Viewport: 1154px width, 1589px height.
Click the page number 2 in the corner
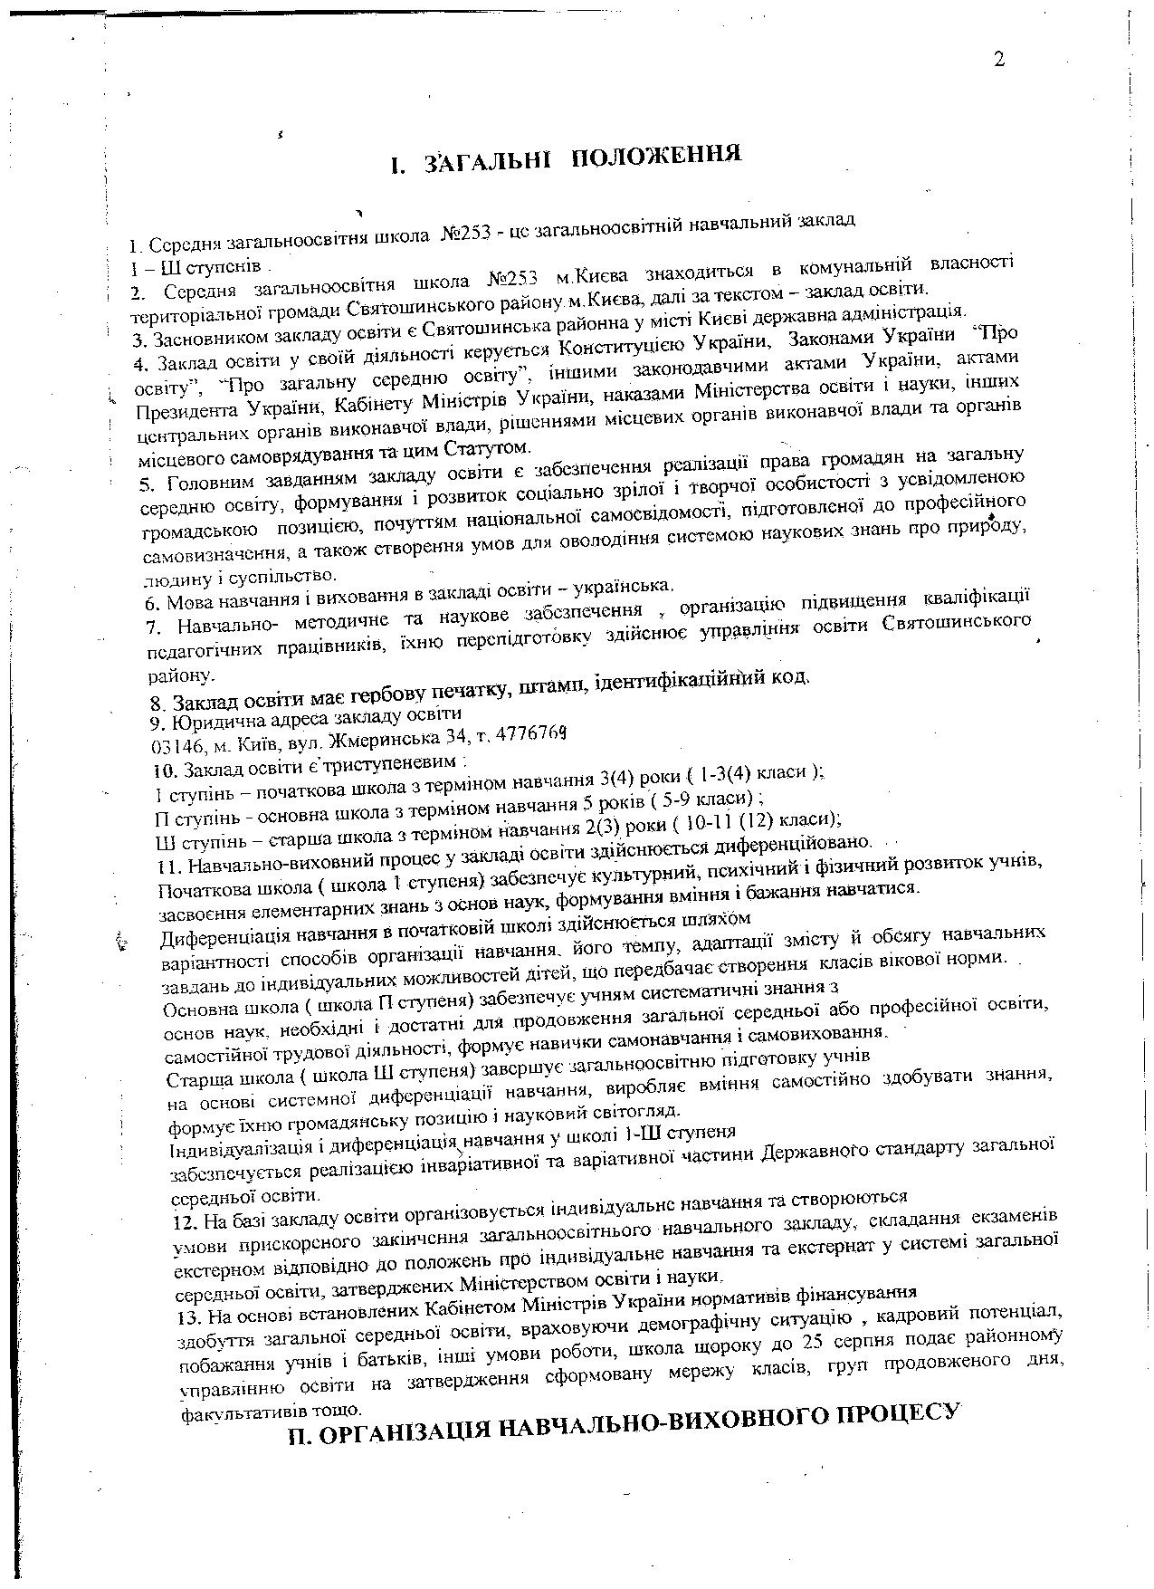click(999, 60)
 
